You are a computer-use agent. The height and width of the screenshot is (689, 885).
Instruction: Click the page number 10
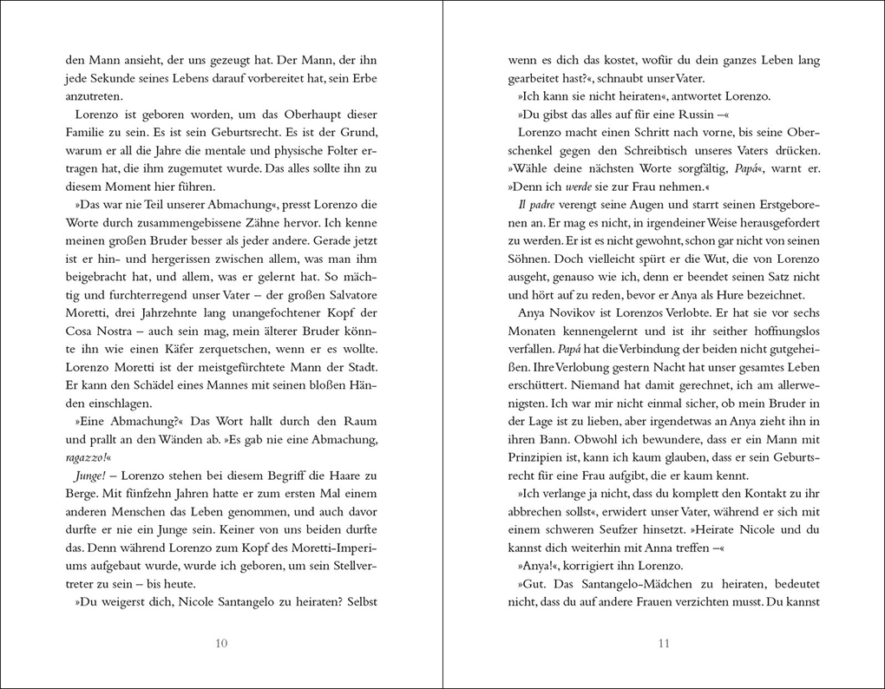point(221,643)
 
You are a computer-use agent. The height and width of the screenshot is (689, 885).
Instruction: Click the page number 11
point(665,643)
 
